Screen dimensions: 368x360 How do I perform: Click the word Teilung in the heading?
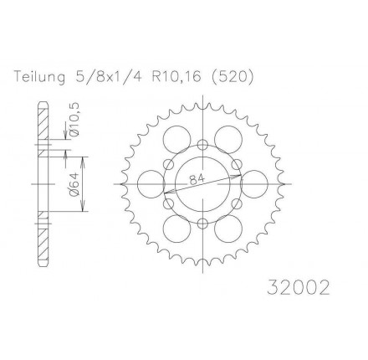40,77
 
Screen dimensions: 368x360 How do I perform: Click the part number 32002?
299,287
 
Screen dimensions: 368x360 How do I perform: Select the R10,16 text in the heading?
176,77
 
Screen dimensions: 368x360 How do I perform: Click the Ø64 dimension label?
74,184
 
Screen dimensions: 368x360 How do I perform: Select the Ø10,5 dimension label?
74,119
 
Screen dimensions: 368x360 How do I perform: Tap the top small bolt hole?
202,145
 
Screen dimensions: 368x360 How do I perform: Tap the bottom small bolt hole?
202,223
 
